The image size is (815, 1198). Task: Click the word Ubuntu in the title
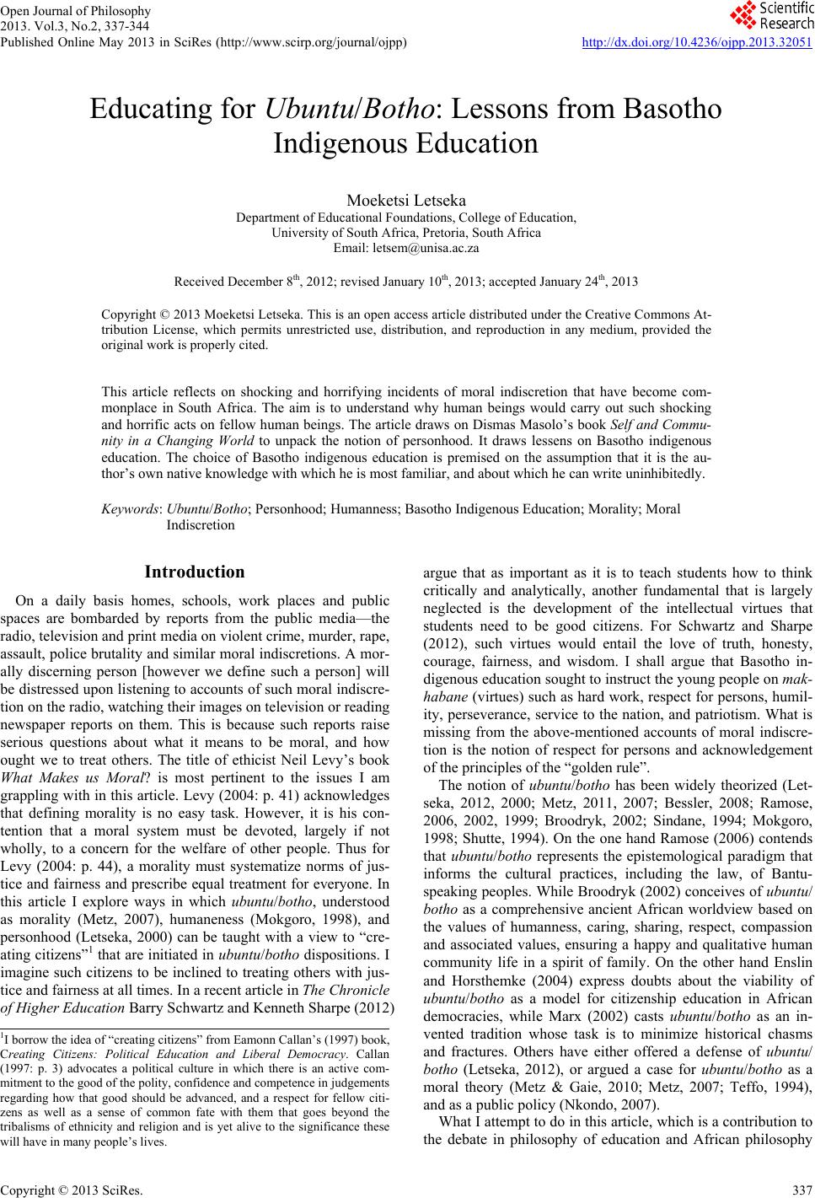(310, 110)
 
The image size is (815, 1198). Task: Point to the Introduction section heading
(195, 572)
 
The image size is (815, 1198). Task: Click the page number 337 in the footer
(802, 1190)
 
